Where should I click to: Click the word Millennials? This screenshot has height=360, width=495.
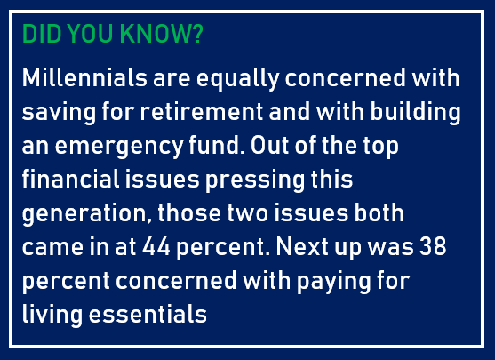point(84,77)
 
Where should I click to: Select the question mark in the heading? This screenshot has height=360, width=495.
point(196,34)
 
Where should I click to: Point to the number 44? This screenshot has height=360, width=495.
point(156,246)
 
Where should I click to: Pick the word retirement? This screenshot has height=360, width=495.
point(202,112)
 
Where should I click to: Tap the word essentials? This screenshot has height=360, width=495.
point(148,314)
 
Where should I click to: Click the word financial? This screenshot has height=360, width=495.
point(71,179)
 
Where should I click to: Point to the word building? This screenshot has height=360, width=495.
point(415,113)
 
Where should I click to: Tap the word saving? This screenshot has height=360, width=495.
point(59,113)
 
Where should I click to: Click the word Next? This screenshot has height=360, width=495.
point(302,246)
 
